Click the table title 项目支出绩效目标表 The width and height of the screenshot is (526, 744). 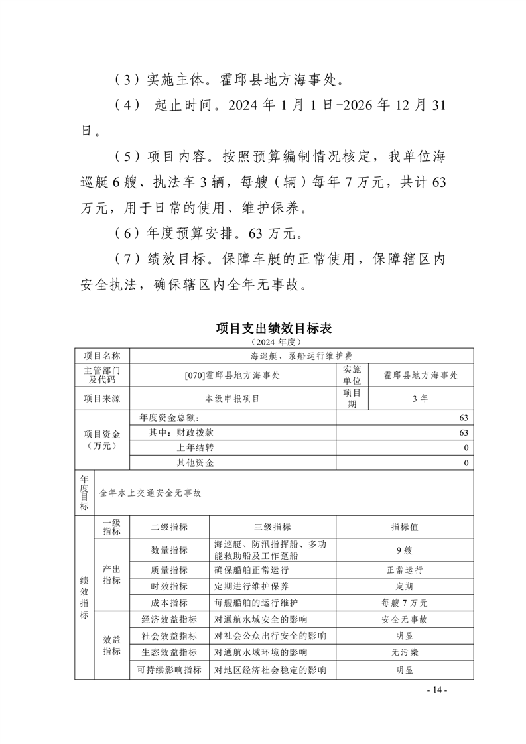coord(273,328)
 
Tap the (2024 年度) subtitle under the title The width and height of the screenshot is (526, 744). coord(273,341)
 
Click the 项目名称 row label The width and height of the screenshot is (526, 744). coord(102,356)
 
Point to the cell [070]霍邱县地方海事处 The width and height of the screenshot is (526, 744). coord(233,375)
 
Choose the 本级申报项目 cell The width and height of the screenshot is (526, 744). coord(233,398)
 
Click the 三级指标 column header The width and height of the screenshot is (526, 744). coord(272,527)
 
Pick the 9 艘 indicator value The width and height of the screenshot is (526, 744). coord(405,550)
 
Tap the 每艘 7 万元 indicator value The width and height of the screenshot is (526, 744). coord(405,603)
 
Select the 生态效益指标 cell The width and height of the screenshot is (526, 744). coord(169,652)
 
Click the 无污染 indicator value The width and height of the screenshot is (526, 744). coord(405,652)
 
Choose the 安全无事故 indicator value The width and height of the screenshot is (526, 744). coord(405,619)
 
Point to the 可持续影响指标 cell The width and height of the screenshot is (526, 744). coord(169,670)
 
